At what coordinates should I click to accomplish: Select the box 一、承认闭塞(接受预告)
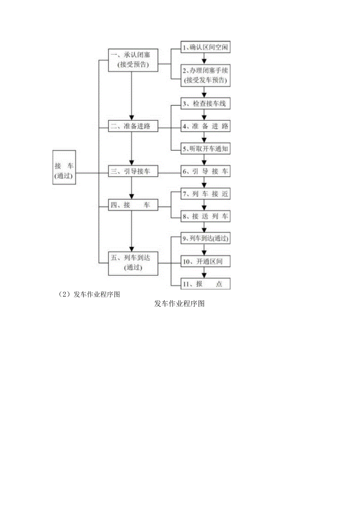coord(133,60)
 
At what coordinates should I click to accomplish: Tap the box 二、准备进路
coord(133,126)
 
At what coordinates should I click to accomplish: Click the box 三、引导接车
coord(133,171)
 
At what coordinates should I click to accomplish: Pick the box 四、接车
coord(133,205)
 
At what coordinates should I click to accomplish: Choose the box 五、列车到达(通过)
coord(133,263)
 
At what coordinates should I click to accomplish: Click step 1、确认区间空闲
coord(205,47)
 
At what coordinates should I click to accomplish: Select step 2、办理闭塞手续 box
coord(205,75)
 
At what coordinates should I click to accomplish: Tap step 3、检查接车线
coord(205,104)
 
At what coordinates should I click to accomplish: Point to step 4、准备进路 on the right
coord(205,126)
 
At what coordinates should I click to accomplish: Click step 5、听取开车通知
coord(205,149)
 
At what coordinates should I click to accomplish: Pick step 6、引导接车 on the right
coord(205,171)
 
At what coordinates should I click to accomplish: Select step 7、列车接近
coord(205,194)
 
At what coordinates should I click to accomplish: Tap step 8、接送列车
coord(205,216)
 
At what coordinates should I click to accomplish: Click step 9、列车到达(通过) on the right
coord(205,238)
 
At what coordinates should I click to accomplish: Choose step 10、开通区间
coord(205,261)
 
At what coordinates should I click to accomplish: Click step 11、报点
coord(205,284)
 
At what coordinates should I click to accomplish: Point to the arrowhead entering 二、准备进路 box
coord(131,118)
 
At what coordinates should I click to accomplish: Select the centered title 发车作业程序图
coord(180,304)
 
